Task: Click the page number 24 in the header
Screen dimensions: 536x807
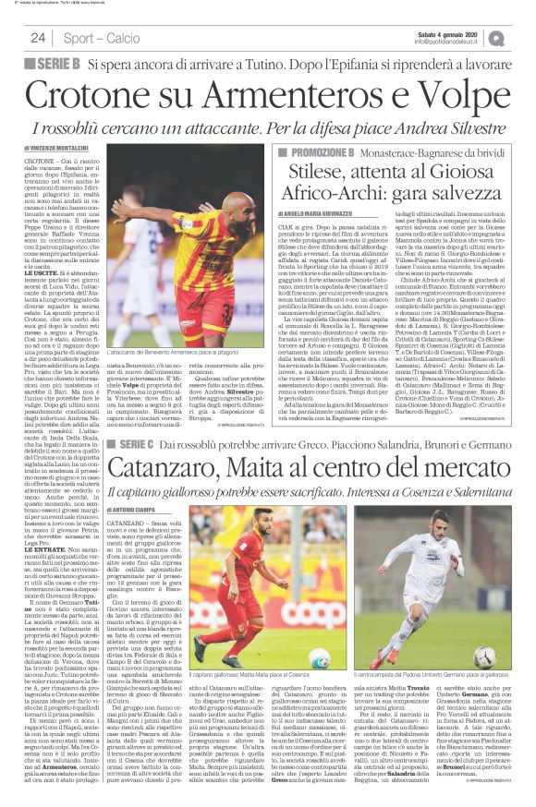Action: pos(39,38)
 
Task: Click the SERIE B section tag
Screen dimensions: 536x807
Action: pos(52,64)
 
